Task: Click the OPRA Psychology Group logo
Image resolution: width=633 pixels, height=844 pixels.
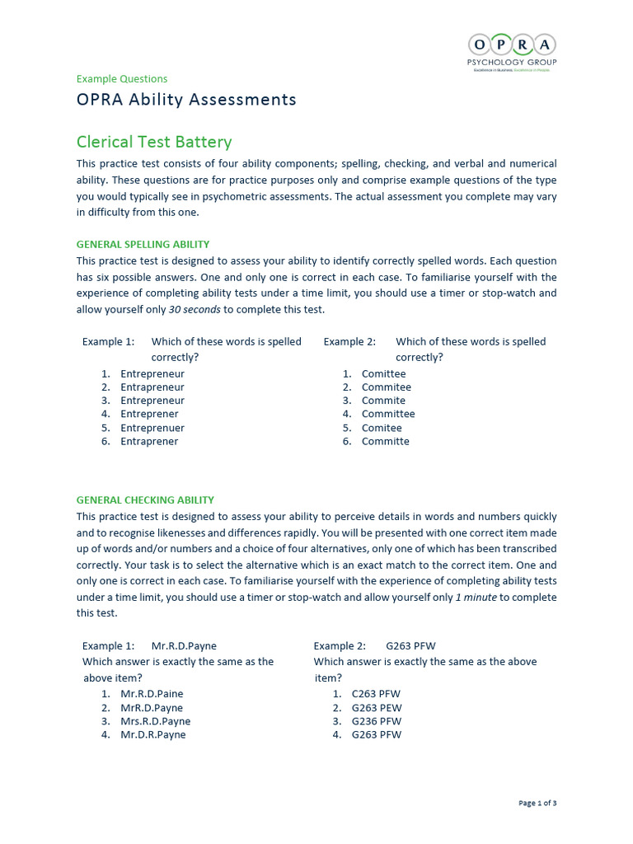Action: (x=512, y=52)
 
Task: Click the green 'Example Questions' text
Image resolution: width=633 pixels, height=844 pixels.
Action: (x=121, y=79)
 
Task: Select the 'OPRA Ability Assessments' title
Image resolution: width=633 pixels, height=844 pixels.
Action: (x=186, y=100)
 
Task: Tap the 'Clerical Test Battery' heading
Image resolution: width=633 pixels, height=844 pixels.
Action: (x=154, y=142)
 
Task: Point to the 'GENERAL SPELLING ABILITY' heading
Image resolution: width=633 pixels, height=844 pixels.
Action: (x=143, y=244)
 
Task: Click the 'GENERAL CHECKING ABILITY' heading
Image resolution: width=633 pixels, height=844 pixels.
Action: (x=145, y=499)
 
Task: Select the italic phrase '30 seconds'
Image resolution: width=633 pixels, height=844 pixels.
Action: (x=195, y=310)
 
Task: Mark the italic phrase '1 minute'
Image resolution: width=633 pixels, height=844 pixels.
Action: (x=476, y=598)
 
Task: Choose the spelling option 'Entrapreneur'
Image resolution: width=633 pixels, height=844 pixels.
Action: (x=152, y=387)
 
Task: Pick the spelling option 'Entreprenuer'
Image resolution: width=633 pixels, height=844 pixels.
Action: (x=152, y=428)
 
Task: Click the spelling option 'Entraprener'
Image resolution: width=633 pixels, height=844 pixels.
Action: (x=149, y=441)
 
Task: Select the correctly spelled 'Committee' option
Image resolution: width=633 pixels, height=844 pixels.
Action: (x=388, y=414)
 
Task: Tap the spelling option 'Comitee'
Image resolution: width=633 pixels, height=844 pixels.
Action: (x=382, y=428)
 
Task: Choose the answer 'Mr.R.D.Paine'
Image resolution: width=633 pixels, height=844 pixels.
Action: (x=152, y=694)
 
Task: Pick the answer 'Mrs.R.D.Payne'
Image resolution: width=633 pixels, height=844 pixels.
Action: (x=155, y=721)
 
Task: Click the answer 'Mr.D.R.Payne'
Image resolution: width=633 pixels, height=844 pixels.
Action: (x=153, y=734)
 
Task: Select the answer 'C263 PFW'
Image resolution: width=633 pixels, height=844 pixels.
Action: (x=376, y=694)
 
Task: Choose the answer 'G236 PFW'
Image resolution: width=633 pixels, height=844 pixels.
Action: (x=377, y=721)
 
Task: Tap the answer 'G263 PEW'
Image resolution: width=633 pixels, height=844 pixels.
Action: (x=377, y=707)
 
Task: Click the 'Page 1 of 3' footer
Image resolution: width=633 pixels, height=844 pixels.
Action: (x=537, y=803)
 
